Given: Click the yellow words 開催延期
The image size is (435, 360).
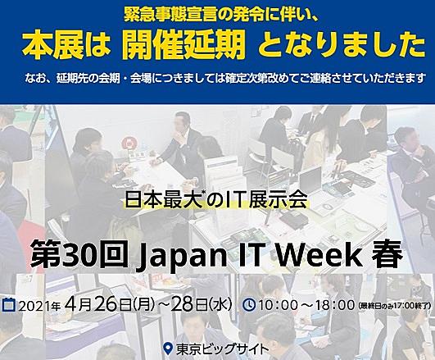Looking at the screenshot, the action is tap(184, 46).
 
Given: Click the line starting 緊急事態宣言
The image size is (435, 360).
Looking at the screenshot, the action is tap(221, 16).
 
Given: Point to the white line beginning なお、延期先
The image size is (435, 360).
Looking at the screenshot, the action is tap(225, 78).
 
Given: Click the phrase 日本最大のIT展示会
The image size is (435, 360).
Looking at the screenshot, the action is tap(216, 200).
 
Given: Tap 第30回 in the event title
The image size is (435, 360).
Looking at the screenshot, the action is tap(80, 254).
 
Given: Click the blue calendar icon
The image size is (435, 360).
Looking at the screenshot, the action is tap(9, 304).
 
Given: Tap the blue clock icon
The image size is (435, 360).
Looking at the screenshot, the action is tap(249, 305).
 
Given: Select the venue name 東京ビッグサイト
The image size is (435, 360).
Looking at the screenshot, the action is tap(222, 349).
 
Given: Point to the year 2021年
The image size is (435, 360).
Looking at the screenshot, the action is tap(39, 305).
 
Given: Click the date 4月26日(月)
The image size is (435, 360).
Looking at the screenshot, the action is tap(109, 305).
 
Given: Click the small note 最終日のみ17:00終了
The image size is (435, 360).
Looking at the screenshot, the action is tap(394, 306).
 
